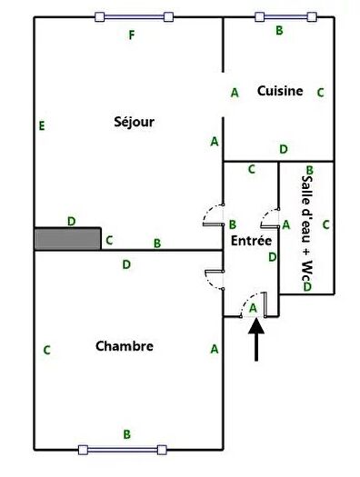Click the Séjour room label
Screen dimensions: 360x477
pyautogui.click(x=134, y=122)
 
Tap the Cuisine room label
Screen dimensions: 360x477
pyautogui.click(x=280, y=91)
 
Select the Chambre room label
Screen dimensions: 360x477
pyautogui.click(x=125, y=346)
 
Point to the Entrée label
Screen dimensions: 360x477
pyautogui.click(x=251, y=241)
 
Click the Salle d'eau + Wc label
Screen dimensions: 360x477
pyautogui.click(x=307, y=227)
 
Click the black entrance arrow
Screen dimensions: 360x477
pyautogui.click(x=256, y=339)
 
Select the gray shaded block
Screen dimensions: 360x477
pyautogui.click(x=67, y=239)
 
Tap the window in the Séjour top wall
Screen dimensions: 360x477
pyautogui.click(x=135, y=16)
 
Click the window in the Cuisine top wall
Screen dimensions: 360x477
pyautogui.click(x=285, y=16)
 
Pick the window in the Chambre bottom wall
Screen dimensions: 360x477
pyautogui.click(x=123, y=450)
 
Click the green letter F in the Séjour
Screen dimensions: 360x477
pyautogui.click(x=132, y=35)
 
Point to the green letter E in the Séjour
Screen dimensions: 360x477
pyautogui.click(x=42, y=125)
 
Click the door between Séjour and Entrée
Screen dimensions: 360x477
pyautogui.click(x=214, y=215)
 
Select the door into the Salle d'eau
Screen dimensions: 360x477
pyautogui.click(x=270, y=218)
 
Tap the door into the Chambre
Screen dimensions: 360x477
pyautogui.click(x=215, y=280)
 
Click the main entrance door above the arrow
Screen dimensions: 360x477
pyautogui.click(x=254, y=304)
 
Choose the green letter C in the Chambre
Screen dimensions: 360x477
pyautogui.click(x=46, y=350)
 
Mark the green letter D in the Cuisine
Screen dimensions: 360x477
pyautogui.click(x=284, y=149)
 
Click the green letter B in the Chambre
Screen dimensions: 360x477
pyautogui.click(x=127, y=433)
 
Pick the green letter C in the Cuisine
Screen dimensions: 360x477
pyautogui.click(x=320, y=93)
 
